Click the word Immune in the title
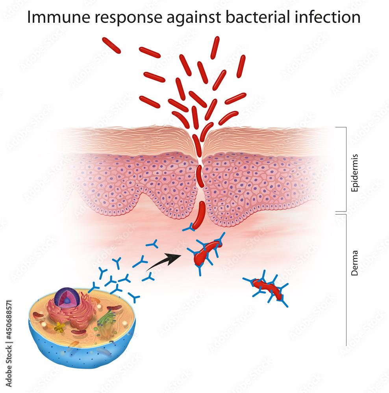tap(59, 17)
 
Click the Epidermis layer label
tap(354, 173)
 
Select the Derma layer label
tap(354, 263)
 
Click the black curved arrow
tap(164, 262)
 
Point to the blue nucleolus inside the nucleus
tap(67, 301)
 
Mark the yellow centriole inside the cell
tap(59, 326)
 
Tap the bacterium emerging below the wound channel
tap(199, 215)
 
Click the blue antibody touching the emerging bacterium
tap(189, 228)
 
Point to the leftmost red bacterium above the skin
tap(111, 45)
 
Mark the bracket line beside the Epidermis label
tap(346, 169)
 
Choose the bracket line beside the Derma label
tap(346, 280)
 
